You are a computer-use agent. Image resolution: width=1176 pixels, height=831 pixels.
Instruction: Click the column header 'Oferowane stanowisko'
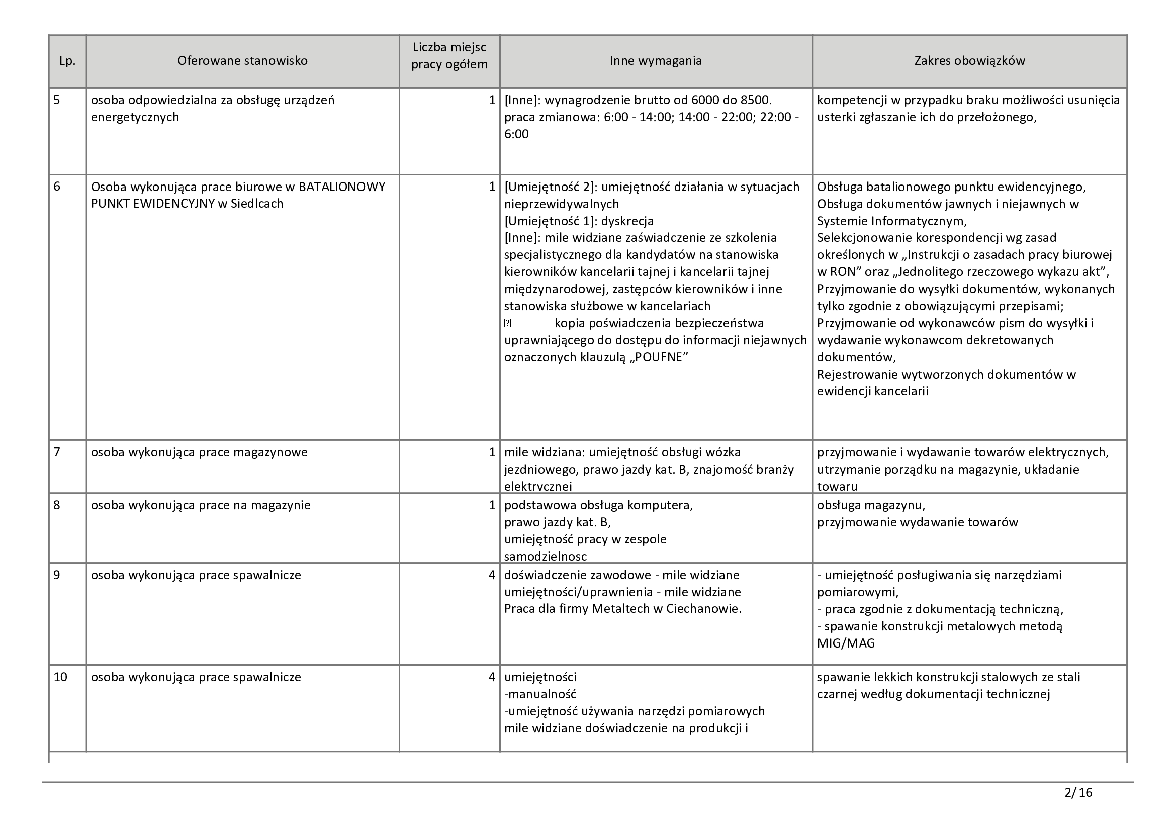click(x=242, y=61)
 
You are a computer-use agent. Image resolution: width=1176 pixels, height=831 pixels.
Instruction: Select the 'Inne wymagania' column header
click(x=656, y=61)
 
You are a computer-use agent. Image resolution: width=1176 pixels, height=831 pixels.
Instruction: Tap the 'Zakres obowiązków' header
click(x=969, y=61)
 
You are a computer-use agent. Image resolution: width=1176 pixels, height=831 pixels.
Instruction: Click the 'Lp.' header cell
click(x=67, y=61)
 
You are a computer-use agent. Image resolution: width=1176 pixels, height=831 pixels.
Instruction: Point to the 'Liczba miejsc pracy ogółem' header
click(x=449, y=56)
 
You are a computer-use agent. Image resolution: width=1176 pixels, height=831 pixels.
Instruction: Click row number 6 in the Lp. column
click(x=57, y=187)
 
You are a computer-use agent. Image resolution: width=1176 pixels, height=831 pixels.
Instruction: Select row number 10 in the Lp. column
click(x=60, y=677)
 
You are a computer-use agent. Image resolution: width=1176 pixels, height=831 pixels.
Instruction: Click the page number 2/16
click(x=1078, y=793)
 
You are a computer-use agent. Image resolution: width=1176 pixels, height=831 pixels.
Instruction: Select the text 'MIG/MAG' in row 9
click(x=846, y=643)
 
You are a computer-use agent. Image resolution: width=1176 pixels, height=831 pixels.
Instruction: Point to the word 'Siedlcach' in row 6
click(x=256, y=204)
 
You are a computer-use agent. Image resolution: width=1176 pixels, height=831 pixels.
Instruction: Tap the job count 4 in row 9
click(x=492, y=575)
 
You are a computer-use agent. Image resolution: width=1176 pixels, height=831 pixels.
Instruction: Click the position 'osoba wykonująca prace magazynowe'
click(x=199, y=452)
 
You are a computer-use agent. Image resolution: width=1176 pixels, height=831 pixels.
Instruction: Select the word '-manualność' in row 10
click(x=540, y=694)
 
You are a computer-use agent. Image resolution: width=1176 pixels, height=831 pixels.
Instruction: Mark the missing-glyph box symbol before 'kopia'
click(x=508, y=323)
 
